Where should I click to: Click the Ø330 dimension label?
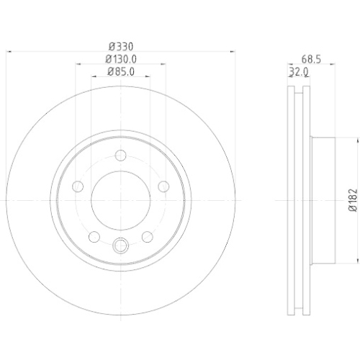(x=121, y=46)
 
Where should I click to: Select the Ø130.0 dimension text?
(x=121, y=59)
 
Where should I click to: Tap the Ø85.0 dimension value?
(x=121, y=71)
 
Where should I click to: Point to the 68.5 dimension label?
(x=311, y=59)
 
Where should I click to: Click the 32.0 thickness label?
(x=299, y=72)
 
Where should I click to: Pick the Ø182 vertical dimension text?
(x=353, y=200)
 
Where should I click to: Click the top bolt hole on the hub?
(x=120, y=156)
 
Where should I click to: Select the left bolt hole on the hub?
(x=78, y=186)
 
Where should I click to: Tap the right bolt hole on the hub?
(x=163, y=186)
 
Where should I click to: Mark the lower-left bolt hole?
(x=94, y=237)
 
